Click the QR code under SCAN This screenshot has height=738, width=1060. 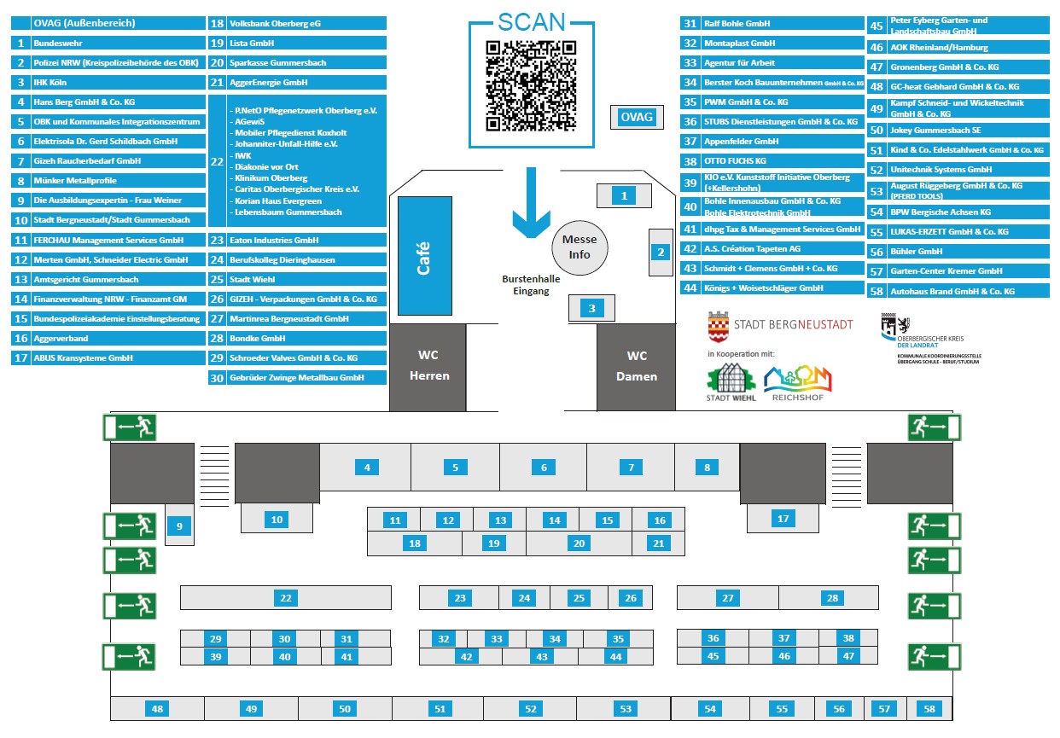pyautogui.click(x=531, y=86)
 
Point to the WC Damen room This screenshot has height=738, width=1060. pyautogui.click(x=637, y=367)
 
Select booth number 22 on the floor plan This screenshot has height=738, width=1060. pyautogui.click(x=286, y=598)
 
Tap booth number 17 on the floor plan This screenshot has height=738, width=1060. pyautogui.click(x=783, y=518)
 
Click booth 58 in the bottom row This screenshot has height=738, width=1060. pyautogui.click(x=929, y=709)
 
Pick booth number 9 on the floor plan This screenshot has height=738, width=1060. pyautogui.click(x=179, y=527)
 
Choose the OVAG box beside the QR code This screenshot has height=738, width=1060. pyautogui.click(x=637, y=117)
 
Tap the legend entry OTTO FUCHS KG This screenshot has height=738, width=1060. pyautogui.click(x=772, y=161)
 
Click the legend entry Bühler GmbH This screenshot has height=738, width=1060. pyautogui.click(x=958, y=252)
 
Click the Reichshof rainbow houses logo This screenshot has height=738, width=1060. pyautogui.click(x=796, y=382)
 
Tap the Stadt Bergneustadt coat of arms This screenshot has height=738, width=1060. pyautogui.click(x=719, y=326)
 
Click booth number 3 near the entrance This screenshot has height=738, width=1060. pyautogui.click(x=592, y=309)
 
